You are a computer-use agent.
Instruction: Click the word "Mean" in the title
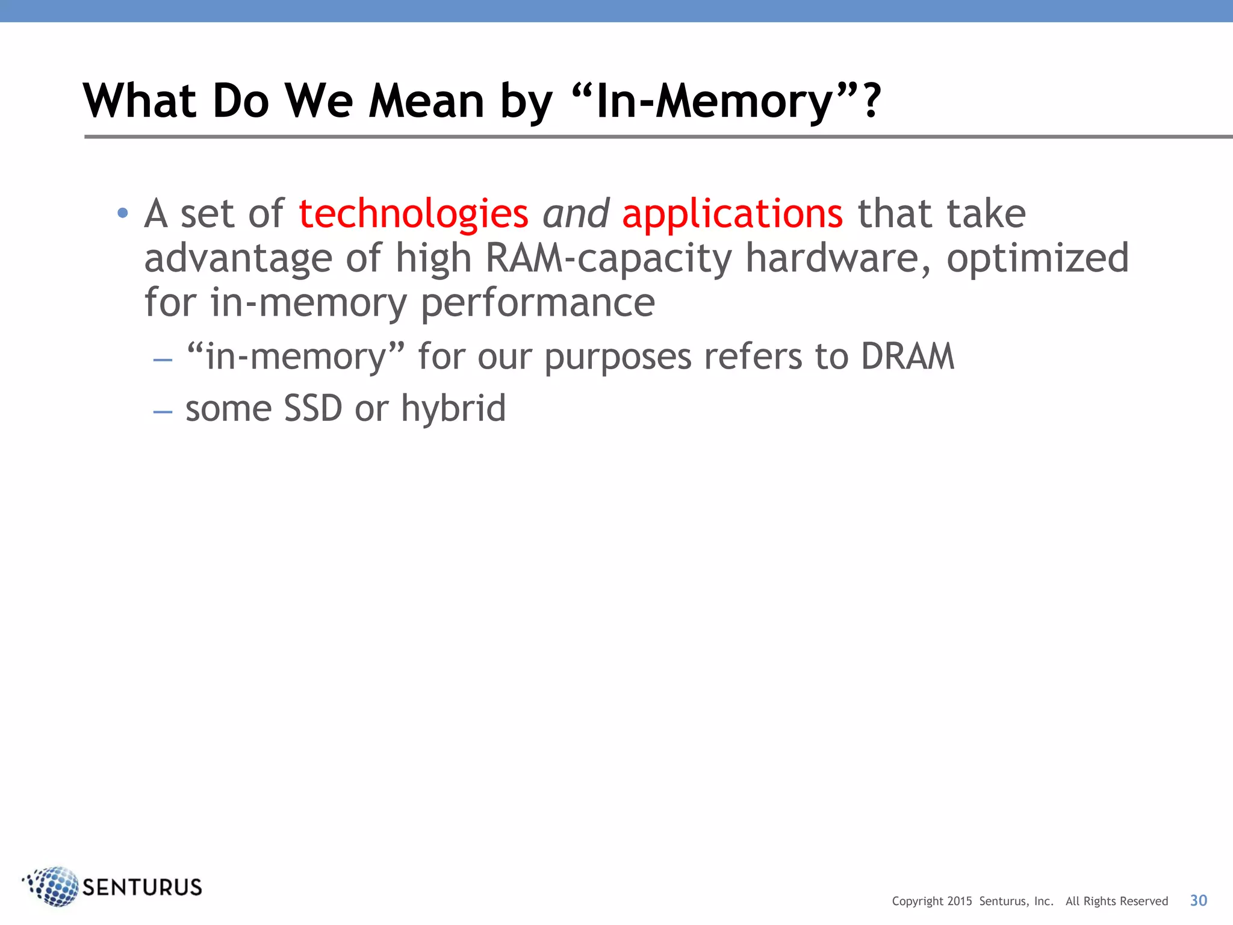pyautogui.click(x=426, y=101)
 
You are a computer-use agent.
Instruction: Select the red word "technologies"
pyautogui.click(x=414, y=214)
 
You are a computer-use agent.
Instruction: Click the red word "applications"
pyautogui.click(x=732, y=214)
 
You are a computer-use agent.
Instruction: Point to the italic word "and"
pyautogui.click(x=576, y=214)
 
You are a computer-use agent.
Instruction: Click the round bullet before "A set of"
pyautogui.click(x=123, y=213)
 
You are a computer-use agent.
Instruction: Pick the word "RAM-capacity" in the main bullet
pyautogui.click(x=608, y=259)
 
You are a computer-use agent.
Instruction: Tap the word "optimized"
pyautogui.click(x=1037, y=259)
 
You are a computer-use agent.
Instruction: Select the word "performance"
pyautogui.click(x=538, y=303)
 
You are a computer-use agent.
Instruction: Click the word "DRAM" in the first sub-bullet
pyautogui.click(x=907, y=357)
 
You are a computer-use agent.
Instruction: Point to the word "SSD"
pyautogui.click(x=312, y=409)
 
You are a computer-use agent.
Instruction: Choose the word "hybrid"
pyautogui.click(x=453, y=409)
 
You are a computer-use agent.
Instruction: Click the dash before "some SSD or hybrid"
pyautogui.click(x=163, y=412)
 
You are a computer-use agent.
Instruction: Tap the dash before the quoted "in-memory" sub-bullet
pyautogui.click(x=163, y=360)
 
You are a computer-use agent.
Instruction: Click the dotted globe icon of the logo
pyautogui.click(x=53, y=886)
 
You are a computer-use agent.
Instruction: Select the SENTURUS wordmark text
pyautogui.click(x=142, y=888)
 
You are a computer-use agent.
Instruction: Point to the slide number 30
pyautogui.click(x=1198, y=900)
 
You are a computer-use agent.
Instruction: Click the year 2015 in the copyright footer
pyautogui.click(x=960, y=902)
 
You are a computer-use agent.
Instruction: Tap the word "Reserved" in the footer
pyautogui.click(x=1142, y=902)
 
